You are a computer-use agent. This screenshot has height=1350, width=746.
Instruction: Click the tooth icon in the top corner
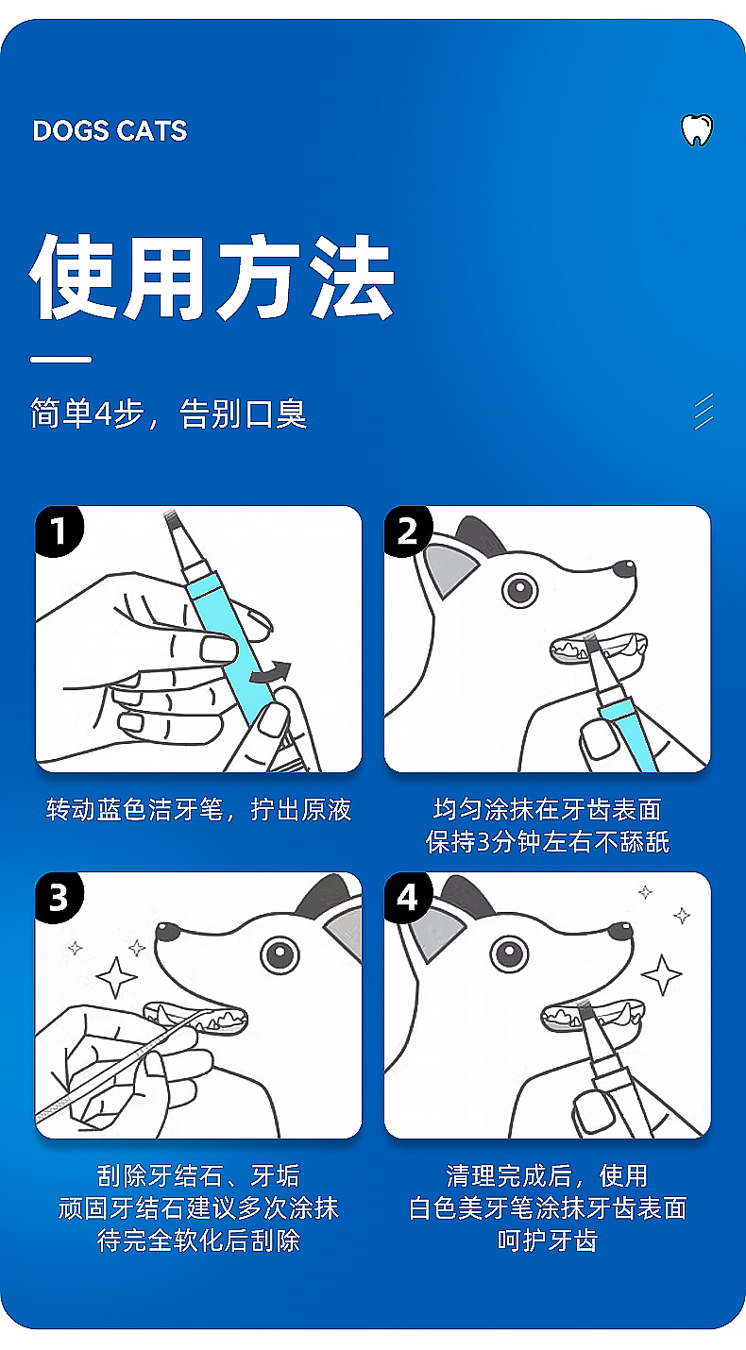[x=697, y=129]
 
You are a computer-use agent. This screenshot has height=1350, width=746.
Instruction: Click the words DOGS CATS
[x=110, y=131]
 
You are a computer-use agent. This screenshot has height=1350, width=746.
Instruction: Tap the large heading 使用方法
[x=212, y=278]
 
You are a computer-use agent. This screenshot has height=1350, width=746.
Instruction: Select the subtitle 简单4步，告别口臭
[x=168, y=413]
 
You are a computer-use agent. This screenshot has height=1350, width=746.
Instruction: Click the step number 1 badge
[x=59, y=531]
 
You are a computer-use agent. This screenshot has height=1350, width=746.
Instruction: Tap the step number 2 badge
[x=408, y=531]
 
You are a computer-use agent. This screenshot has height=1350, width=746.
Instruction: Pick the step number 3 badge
[x=59, y=898]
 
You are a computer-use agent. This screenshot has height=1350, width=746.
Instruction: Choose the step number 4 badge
[x=408, y=898]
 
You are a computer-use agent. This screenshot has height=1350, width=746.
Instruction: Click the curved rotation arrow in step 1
[x=271, y=672]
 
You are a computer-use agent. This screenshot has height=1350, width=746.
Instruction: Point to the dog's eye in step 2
[x=520, y=590]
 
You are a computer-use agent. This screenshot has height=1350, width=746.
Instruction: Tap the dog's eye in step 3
[x=280, y=954]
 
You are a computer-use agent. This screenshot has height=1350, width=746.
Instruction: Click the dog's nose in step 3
[x=168, y=932]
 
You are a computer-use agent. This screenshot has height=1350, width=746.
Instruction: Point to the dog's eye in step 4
[x=510, y=954]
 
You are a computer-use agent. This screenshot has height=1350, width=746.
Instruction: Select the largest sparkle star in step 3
[x=116, y=977]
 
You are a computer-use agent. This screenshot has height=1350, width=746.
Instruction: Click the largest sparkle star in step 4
[x=662, y=974]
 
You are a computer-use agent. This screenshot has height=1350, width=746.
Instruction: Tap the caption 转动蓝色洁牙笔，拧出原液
[x=198, y=809]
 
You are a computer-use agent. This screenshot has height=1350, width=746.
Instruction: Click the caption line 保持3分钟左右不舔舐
[x=548, y=842]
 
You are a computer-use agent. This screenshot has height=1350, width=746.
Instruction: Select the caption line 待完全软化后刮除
[x=198, y=1240]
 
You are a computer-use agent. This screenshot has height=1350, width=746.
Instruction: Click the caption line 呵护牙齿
[x=548, y=1240]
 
